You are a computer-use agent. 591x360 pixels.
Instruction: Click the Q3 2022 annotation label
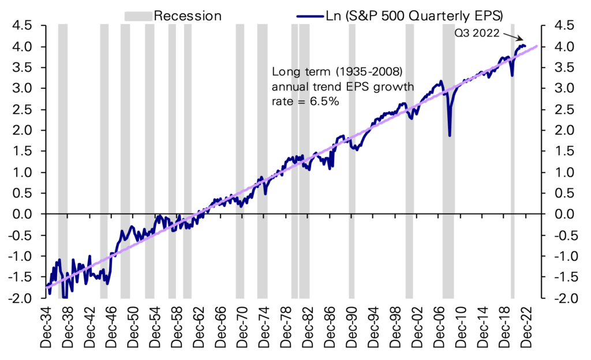click(477, 33)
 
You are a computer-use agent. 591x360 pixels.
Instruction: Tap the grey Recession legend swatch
click(138, 16)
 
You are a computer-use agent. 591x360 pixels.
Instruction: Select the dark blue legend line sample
click(309, 16)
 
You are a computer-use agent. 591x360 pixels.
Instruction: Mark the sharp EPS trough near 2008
click(449, 136)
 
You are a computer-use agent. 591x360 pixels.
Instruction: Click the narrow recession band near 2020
click(512, 162)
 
